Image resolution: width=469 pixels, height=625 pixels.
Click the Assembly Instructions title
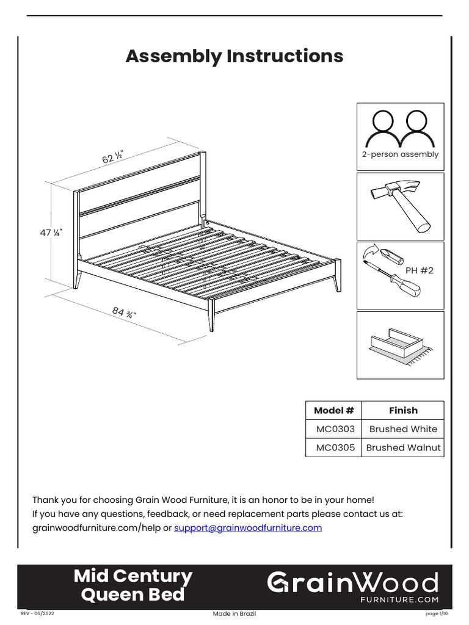(x=234, y=56)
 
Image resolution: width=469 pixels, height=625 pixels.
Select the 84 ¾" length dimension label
(x=124, y=313)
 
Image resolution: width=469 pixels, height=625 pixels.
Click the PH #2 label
(x=420, y=270)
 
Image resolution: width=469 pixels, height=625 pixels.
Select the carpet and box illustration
(x=400, y=345)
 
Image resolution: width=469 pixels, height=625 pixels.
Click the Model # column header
(x=333, y=411)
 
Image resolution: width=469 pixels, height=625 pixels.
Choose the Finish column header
(x=403, y=411)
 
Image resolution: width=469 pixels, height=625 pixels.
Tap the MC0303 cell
(x=333, y=429)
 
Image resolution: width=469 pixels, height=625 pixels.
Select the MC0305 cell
(x=333, y=447)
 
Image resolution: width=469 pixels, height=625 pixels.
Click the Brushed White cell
(x=403, y=429)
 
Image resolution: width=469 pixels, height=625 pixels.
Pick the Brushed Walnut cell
(x=403, y=447)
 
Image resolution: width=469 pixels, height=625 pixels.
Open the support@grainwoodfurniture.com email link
(x=248, y=528)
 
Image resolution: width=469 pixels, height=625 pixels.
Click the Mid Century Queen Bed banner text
(x=133, y=585)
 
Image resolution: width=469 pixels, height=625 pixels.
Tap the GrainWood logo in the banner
(x=353, y=585)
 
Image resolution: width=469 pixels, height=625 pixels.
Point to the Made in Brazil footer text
(x=234, y=613)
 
